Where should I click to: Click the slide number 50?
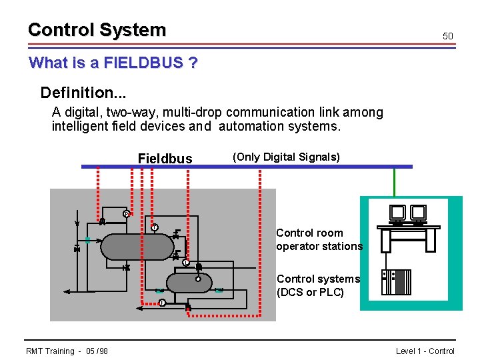(x=448, y=36)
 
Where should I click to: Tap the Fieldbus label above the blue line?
(x=165, y=159)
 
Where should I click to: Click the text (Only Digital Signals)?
(x=286, y=157)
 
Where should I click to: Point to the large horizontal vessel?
(x=137, y=246)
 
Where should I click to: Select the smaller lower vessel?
(x=189, y=283)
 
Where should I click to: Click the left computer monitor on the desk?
(x=398, y=212)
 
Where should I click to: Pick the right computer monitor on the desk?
(x=419, y=212)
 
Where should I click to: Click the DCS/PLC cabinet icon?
(x=396, y=282)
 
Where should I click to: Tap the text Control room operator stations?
(x=319, y=239)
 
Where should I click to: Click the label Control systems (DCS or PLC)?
(x=318, y=285)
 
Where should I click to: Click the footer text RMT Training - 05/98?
(x=67, y=351)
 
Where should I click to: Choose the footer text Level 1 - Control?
(x=425, y=351)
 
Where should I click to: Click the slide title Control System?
(x=97, y=30)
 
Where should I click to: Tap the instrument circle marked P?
(x=126, y=214)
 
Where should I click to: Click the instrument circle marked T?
(x=154, y=228)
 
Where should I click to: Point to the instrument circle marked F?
(x=162, y=303)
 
